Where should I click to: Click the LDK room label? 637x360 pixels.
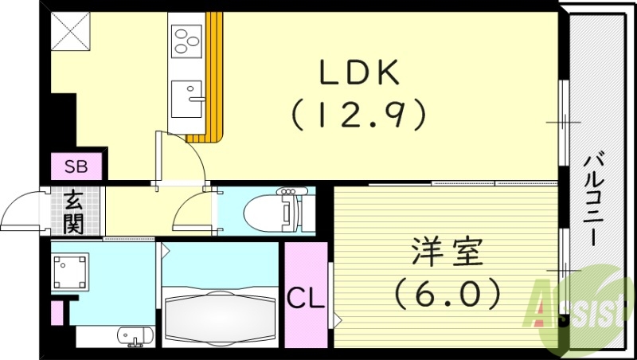click(358, 75)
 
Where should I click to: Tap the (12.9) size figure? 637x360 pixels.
click(358, 115)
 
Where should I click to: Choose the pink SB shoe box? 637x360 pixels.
click(76, 167)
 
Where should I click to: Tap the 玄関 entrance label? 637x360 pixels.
click(74, 212)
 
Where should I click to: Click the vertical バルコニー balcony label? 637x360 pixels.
click(592, 191)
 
